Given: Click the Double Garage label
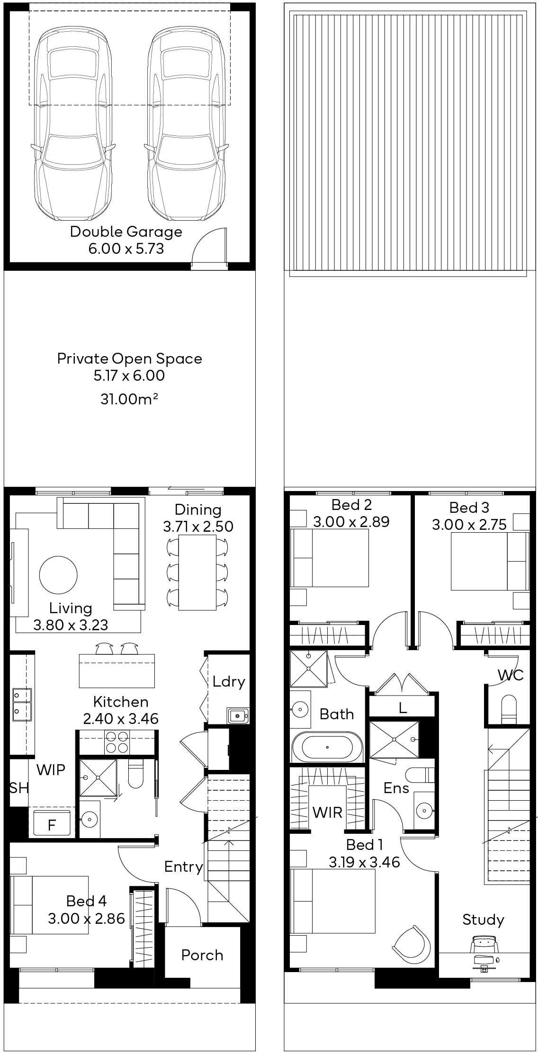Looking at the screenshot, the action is pyautogui.click(x=126, y=232).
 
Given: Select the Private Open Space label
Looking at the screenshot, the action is pyautogui.click(x=129, y=358).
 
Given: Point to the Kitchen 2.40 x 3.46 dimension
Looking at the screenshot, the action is pyautogui.click(x=121, y=719).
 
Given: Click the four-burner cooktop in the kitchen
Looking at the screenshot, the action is pyautogui.click(x=117, y=742).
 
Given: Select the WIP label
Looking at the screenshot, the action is pyautogui.click(x=51, y=770).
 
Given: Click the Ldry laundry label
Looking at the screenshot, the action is pyautogui.click(x=229, y=682).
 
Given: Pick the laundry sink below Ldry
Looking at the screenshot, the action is pyautogui.click(x=237, y=715).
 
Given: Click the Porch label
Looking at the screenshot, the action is pyautogui.click(x=202, y=955).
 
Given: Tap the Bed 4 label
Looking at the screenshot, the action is pyautogui.click(x=86, y=901).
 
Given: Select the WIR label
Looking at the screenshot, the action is pyautogui.click(x=327, y=813).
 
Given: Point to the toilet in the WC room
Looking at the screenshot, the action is pyautogui.click(x=510, y=709).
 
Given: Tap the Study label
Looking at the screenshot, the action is pyautogui.click(x=483, y=920).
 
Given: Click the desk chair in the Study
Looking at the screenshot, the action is pyautogui.click(x=484, y=946).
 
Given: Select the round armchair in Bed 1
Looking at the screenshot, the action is pyautogui.click(x=412, y=943).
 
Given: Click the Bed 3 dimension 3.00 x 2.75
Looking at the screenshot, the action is pyautogui.click(x=469, y=525).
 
